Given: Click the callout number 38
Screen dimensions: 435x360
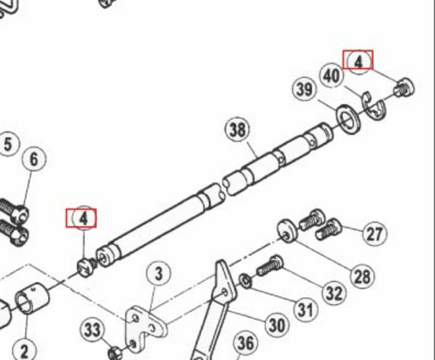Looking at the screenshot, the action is coord(238,130).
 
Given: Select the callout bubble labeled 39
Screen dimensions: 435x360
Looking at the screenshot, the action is coord(304,89).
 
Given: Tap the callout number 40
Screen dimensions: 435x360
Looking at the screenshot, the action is coord(332,76).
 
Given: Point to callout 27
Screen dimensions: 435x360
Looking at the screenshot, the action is coord(375,234).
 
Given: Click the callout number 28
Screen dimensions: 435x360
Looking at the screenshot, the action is coord(362,276).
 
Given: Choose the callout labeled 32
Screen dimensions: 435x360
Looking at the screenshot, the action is coord(334,293).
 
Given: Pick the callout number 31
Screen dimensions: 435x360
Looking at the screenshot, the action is coord(305,310).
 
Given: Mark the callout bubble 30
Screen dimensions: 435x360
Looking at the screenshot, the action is coord(277,324).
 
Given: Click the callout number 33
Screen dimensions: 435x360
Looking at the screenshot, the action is coord(92,330).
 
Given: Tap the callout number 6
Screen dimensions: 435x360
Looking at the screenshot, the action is coord(34,160).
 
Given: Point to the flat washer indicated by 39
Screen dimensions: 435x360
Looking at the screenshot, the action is coord(348,118).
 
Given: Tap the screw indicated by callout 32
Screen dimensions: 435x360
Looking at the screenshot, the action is coord(269,266).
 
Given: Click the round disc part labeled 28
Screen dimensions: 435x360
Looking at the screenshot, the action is coord(288,231).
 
